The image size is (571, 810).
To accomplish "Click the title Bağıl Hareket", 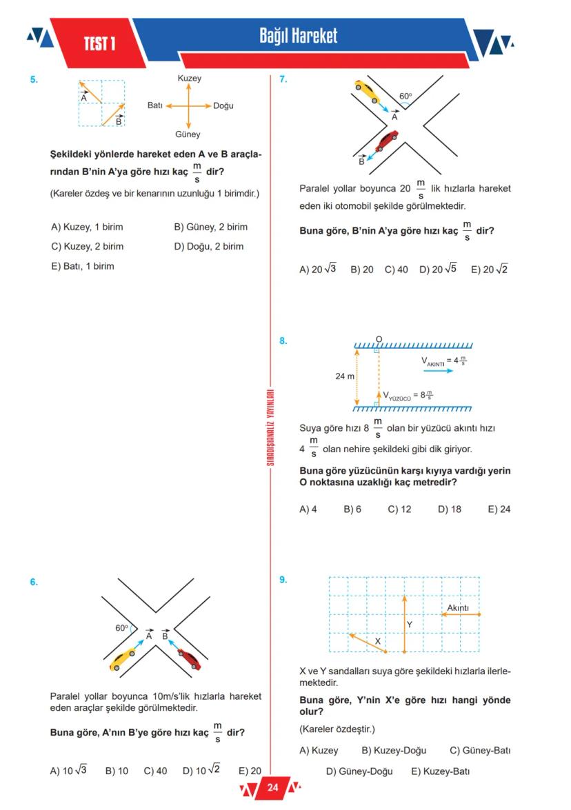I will pos(299,35).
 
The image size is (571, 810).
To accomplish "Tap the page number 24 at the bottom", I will pos(272,787).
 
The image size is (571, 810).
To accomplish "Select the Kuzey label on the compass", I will pos(189,79).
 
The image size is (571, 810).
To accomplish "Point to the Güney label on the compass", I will pos(188,134).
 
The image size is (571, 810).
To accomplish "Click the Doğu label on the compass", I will pos(223,106).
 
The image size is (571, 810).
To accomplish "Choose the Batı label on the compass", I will pos(154,105).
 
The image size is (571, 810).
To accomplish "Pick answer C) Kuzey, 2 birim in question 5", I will pos(87,246).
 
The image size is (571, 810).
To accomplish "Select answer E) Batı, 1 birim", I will pos(82,266).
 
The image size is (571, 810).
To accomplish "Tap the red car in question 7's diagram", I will pos(386,140).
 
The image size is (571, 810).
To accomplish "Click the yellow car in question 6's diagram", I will pos(123,659).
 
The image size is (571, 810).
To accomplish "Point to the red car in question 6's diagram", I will pos(190,658).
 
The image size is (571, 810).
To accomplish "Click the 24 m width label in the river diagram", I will pos(345,376).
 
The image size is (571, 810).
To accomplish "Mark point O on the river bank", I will pos(379,339).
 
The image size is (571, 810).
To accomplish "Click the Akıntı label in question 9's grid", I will pos(458,607).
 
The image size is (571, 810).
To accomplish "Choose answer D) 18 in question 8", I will pos(449,509).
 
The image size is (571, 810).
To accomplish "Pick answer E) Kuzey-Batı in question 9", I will pos(440,771).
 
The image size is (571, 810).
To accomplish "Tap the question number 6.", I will pos(34,582).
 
